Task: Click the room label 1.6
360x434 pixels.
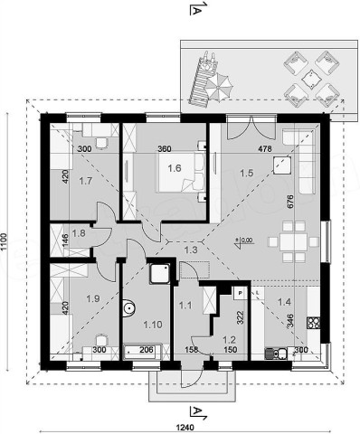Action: coord(175,168)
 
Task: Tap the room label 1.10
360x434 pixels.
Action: coord(153,325)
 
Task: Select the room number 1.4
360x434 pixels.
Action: coord(284,301)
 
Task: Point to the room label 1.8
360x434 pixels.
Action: coord(79,233)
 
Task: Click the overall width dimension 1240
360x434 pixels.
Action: coord(185,427)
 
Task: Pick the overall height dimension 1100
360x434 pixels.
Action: coord(4,241)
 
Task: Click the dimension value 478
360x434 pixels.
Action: coord(265,148)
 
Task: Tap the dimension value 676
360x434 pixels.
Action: coord(290,202)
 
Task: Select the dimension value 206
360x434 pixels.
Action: coord(146,350)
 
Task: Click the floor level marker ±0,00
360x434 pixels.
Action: coord(244,241)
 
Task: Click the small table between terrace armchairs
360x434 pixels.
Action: coord(311,79)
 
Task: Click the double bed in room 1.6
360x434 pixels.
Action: coord(181,172)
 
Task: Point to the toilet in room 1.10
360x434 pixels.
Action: coord(128,308)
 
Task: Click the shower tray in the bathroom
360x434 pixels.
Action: coord(161,273)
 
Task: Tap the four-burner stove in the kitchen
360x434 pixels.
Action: coord(313,323)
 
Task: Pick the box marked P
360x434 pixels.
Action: coord(241,293)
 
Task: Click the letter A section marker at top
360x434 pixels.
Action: coord(196,11)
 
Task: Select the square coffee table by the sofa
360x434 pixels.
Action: coord(282,165)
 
